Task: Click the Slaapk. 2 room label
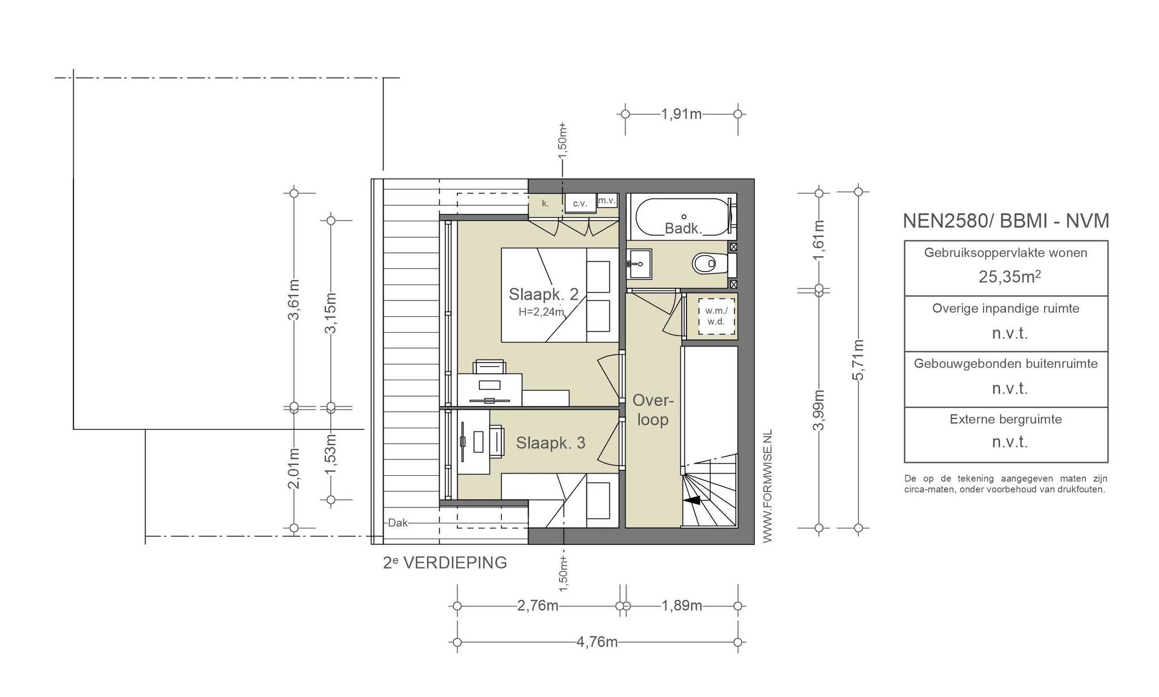tap(543, 294)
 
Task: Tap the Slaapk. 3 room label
tap(551, 443)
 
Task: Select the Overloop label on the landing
tap(653, 410)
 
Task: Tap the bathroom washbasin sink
tap(639, 264)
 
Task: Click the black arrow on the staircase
tap(692, 500)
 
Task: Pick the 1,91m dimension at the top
tap(681, 114)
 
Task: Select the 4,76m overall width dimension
tap(597, 642)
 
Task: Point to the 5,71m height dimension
tap(858, 360)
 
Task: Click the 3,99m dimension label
tap(818, 410)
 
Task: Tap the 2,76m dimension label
tap(538, 606)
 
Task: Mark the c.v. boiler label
tap(581, 204)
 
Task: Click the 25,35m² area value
tap(1010, 277)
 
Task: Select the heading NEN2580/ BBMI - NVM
tap(1006, 221)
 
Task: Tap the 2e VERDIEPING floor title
tap(445, 563)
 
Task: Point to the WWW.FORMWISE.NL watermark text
tap(767, 487)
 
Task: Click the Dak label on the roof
tap(398, 523)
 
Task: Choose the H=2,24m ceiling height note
tap(542, 312)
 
